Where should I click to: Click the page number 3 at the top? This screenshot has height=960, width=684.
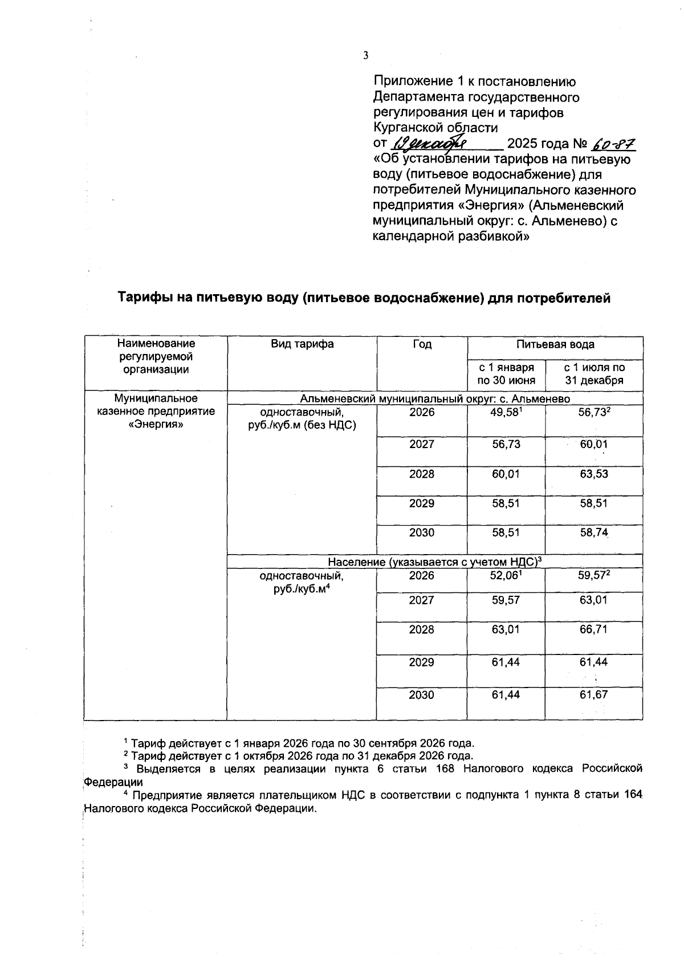[x=366, y=55]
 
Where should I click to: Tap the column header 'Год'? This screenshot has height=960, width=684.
[x=422, y=344]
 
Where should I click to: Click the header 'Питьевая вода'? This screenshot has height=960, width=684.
[x=555, y=344]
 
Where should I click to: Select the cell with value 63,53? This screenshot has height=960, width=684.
[x=593, y=474]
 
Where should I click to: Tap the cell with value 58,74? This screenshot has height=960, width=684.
[x=593, y=533]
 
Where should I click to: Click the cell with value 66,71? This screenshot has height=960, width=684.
[x=593, y=630]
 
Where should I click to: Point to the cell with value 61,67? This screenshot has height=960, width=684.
[x=593, y=695]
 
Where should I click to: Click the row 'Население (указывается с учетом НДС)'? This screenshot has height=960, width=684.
[x=434, y=562]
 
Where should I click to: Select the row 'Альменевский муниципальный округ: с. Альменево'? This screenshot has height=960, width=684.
[x=434, y=399]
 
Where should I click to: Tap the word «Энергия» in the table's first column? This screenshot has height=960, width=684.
[x=156, y=424]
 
